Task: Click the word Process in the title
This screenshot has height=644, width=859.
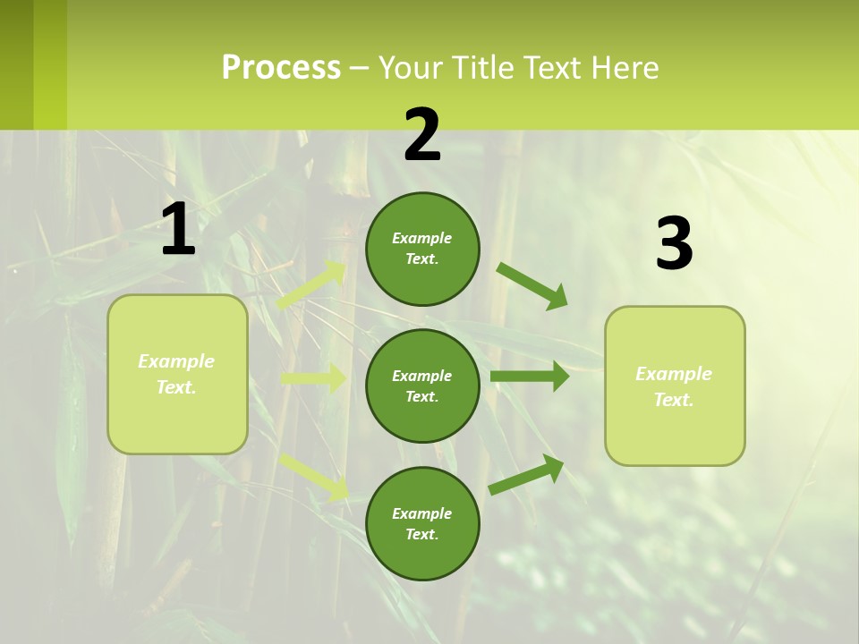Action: (281, 68)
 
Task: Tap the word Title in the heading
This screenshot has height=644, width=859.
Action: (481, 68)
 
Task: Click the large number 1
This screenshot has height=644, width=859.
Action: (178, 230)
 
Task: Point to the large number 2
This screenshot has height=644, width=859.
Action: (422, 135)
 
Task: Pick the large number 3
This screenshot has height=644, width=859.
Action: (674, 244)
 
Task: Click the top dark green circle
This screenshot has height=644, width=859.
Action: (422, 249)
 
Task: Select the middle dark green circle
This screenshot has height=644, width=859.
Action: (422, 386)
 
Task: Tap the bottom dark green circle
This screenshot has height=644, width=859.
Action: (422, 523)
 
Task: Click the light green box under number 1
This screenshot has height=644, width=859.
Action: (177, 374)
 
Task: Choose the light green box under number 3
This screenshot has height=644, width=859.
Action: (675, 386)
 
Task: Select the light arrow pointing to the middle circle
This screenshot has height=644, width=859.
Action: (313, 378)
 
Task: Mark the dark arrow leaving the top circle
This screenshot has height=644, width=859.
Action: (532, 286)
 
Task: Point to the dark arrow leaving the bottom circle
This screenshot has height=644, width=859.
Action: (526, 474)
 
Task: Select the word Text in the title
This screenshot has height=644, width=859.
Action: (548, 68)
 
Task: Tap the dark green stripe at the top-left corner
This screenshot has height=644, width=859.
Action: (16, 64)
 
